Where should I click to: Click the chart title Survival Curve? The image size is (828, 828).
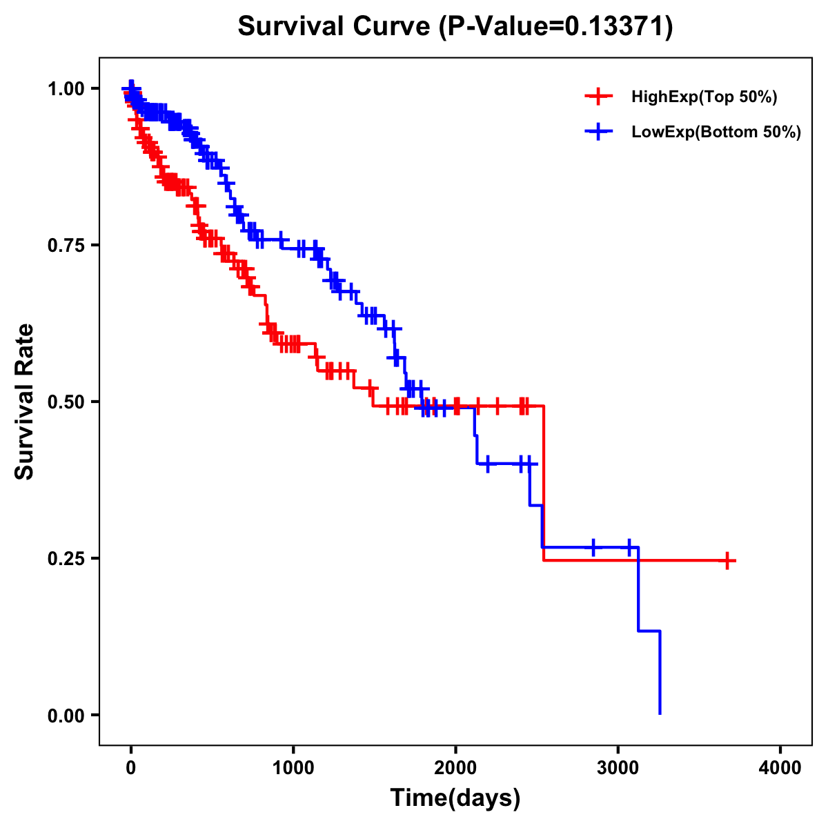tap(335, 26)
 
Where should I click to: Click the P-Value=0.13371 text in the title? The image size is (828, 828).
tap(558, 26)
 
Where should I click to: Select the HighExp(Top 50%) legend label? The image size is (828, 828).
tap(704, 97)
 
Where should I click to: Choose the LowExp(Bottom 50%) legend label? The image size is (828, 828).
tap(716, 132)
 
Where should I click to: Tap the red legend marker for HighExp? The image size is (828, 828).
tap(598, 97)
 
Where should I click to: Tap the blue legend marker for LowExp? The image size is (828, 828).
tap(598, 131)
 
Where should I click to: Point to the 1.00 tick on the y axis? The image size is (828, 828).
tap(66, 88)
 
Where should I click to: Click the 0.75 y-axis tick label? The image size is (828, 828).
tap(66, 245)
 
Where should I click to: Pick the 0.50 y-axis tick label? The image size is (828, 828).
tap(66, 402)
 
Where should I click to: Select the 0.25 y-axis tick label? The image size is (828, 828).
tap(66, 558)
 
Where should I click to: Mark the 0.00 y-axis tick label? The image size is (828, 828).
tap(66, 715)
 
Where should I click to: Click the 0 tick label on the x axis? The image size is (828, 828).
tap(131, 768)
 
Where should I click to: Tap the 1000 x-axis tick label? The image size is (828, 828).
tap(293, 768)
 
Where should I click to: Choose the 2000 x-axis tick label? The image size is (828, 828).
tap(455, 768)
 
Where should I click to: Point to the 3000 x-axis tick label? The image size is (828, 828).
tap(618, 768)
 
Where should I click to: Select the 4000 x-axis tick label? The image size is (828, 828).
tap(780, 768)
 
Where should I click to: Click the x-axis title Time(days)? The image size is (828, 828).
tap(455, 798)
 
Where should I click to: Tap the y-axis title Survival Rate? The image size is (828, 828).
tap(25, 402)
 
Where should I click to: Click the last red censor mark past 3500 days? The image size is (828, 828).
tap(727, 560)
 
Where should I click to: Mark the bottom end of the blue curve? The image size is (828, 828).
tap(660, 713)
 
